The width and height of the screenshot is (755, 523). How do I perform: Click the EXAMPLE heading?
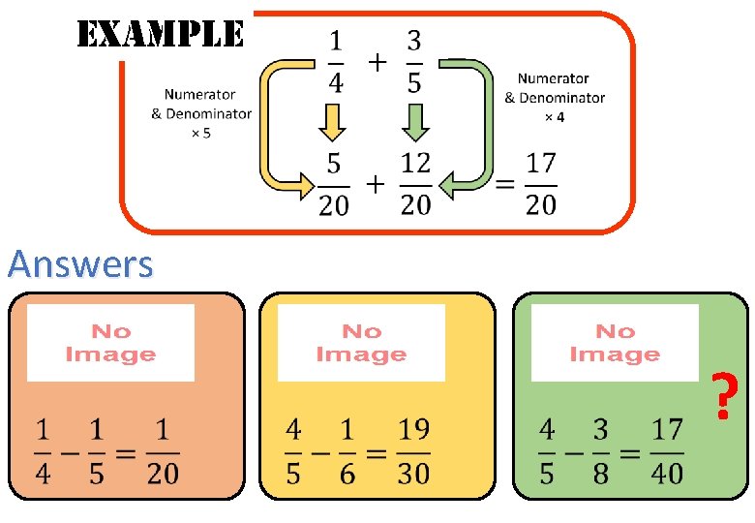160,36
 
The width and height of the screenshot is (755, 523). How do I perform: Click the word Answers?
80,263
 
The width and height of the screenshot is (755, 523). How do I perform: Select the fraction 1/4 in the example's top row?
335,62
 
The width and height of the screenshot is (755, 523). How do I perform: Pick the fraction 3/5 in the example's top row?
413,62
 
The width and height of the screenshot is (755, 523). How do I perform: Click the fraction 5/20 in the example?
335,185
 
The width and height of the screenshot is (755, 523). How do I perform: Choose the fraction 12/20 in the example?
415,185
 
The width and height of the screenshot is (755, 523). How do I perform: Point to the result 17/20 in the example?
541,185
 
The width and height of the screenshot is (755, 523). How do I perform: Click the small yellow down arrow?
332,122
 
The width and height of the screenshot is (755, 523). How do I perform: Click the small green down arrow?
414,122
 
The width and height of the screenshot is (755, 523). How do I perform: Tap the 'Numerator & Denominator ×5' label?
200,113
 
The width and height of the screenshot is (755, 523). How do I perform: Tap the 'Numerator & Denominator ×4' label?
554,97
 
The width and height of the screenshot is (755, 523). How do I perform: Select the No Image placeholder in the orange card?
110,343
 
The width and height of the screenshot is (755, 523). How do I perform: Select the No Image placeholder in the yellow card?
361,343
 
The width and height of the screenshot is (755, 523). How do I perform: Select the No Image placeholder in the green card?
615,343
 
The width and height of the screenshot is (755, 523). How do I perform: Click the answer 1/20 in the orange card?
163,450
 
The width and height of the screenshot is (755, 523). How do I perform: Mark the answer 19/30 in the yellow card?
413,450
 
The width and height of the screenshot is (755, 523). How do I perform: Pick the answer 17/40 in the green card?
667,450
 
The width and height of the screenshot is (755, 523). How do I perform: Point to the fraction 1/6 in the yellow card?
347,450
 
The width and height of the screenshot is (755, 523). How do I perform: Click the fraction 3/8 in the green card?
601,450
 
